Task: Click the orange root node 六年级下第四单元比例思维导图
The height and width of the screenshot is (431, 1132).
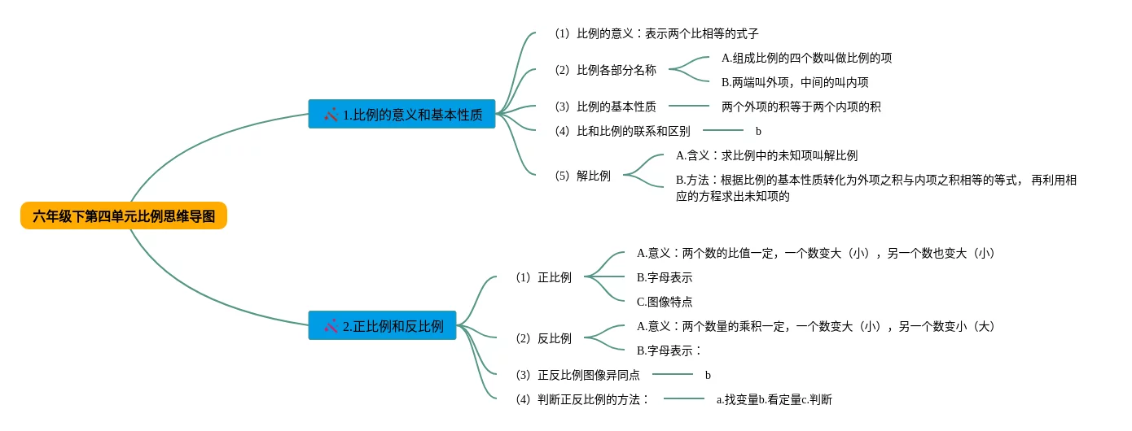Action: coord(124,216)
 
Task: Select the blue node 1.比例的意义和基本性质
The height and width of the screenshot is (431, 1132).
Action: coord(402,115)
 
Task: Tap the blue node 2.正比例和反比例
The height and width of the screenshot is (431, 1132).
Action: coord(383,326)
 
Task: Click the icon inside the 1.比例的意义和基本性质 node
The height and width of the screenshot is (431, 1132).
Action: coord(331,115)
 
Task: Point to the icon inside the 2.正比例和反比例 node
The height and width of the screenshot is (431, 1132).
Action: coord(331,326)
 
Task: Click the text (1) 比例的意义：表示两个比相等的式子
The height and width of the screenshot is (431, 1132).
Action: coord(656,33)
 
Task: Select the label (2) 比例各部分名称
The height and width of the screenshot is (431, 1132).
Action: coord(605,70)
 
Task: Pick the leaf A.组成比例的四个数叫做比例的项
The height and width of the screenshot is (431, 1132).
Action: coord(806,58)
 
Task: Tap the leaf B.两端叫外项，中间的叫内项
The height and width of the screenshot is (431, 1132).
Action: coord(795,82)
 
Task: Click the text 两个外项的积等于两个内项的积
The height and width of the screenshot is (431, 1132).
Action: coord(801,107)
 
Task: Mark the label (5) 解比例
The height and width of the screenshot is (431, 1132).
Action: coord(582,176)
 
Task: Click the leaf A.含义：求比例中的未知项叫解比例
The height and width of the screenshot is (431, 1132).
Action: coord(766,155)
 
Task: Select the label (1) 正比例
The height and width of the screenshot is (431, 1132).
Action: coord(543,277)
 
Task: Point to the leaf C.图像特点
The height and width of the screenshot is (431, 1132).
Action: coord(665,302)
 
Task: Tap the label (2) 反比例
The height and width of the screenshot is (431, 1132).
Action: coord(543,338)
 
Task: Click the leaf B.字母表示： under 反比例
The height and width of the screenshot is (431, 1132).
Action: coord(669,350)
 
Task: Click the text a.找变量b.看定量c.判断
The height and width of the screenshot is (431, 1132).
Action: coord(774,399)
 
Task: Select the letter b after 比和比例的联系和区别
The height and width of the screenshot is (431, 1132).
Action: coord(758,131)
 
